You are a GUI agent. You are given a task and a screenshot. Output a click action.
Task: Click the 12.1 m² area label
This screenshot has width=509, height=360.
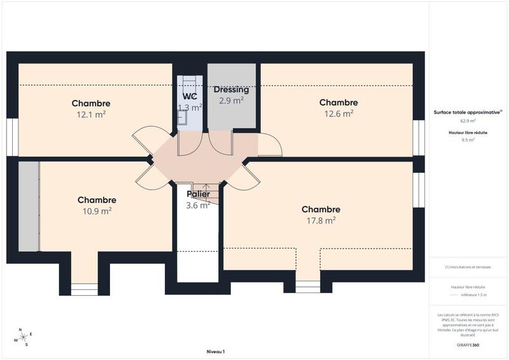tap(91, 114)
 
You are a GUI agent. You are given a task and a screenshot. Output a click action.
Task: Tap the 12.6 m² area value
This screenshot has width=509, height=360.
tap(338, 114)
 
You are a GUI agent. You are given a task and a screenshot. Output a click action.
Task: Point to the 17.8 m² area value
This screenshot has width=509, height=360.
tap(321, 220)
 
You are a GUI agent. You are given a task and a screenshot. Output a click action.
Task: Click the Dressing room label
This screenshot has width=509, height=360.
tap(231, 90)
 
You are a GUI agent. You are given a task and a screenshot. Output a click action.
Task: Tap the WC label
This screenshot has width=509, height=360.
tap(190, 97)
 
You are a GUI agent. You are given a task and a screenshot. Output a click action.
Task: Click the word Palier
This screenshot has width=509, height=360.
tap(198, 194)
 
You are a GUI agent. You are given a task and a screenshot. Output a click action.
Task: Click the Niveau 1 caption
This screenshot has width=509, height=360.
tap(216, 352)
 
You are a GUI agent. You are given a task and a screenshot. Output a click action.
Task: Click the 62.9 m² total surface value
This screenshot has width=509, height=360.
tap(468, 120)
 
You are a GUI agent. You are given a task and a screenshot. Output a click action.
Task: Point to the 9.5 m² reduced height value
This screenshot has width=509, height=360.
tap(468, 139)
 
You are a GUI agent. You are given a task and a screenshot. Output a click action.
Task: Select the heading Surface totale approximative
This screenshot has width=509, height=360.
tap(467, 112)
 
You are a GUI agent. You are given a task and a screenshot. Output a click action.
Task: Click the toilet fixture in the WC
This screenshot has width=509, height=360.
tap(183, 116)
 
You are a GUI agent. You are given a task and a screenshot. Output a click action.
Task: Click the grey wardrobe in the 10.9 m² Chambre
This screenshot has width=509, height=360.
tap(29, 206)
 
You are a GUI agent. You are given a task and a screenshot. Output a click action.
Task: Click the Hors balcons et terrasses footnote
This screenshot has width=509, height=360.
tap(468, 267)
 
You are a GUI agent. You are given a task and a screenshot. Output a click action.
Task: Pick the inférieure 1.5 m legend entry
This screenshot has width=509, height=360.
tap(473, 295)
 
